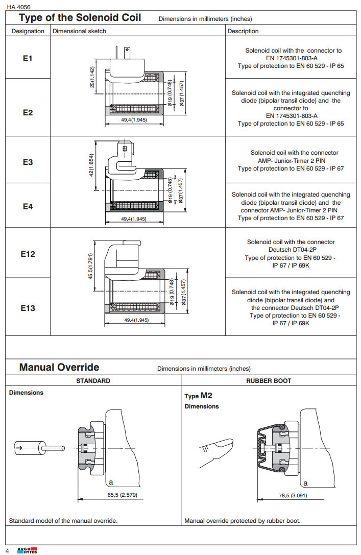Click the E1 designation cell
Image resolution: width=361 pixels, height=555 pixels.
(28, 59)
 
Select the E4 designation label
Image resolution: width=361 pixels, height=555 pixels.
(28, 206)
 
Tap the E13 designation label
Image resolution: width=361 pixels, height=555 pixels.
(28, 308)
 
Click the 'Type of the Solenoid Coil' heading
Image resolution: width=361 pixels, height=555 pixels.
(80, 18)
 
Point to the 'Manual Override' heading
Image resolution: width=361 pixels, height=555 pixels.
(59, 367)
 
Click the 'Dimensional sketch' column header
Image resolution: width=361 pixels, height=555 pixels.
(80, 31)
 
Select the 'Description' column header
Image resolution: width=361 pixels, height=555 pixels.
(243, 31)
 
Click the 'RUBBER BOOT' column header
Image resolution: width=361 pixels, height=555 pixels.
(269, 381)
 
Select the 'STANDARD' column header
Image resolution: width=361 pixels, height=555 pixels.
(93, 381)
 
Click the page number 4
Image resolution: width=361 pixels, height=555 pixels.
(7, 550)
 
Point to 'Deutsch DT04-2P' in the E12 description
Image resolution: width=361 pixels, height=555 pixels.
(291, 250)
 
